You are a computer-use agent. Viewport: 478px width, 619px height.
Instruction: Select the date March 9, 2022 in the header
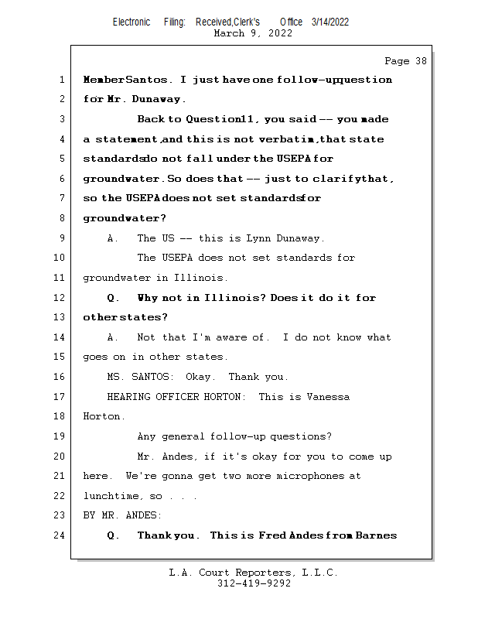pyautogui.click(x=252, y=33)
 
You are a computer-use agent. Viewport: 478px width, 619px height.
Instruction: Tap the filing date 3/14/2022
pyautogui.click(x=330, y=22)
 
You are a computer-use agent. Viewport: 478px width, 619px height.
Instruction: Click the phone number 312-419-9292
pyautogui.click(x=254, y=584)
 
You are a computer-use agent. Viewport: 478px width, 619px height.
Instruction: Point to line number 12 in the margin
pyautogui.click(x=60, y=298)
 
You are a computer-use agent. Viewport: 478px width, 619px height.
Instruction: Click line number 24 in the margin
pyautogui.click(x=60, y=535)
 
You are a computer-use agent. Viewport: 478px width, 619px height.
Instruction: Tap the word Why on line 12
pyautogui.click(x=148, y=298)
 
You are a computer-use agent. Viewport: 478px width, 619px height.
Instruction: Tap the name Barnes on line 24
pyautogui.click(x=377, y=535)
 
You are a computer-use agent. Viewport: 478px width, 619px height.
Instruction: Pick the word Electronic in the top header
pyautogui.click(x=131, y=22)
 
